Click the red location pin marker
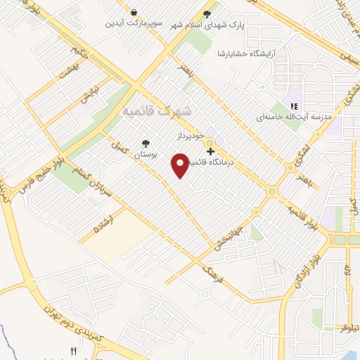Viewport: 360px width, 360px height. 181,165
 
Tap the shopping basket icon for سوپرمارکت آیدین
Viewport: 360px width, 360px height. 134,12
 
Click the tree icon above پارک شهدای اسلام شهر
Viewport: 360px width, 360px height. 207,13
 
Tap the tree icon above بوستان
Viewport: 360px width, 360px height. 146,141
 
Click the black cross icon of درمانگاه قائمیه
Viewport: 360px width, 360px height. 210,151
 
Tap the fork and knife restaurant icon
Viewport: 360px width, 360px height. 72,350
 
